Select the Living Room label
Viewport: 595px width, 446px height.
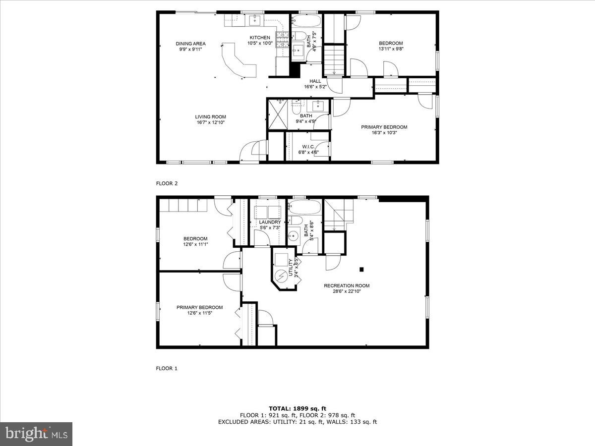(x=210, y=117)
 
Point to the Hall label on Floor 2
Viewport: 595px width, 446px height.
(x=315, y=81)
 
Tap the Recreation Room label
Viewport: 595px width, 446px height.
(x=347, y=285)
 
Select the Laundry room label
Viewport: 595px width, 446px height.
(x=270, y=222)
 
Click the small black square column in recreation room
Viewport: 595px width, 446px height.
(x=361, y=269)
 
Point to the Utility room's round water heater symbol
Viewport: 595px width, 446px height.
(x=281, y=274)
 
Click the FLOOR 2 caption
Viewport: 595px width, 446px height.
(x=167, y=183)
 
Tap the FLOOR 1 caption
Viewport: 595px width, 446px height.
(x=167, y=369)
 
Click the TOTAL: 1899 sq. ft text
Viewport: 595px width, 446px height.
(x=297, y=408)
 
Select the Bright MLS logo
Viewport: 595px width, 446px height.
(x=36, y=434)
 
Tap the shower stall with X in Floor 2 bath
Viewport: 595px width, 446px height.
(x=277, y=114)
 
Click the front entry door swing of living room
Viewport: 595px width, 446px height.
(x=250, y=151)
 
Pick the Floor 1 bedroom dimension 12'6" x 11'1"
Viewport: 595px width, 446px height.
(x=195, y=244)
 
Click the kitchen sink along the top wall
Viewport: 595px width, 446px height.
(x=255, y=20)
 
